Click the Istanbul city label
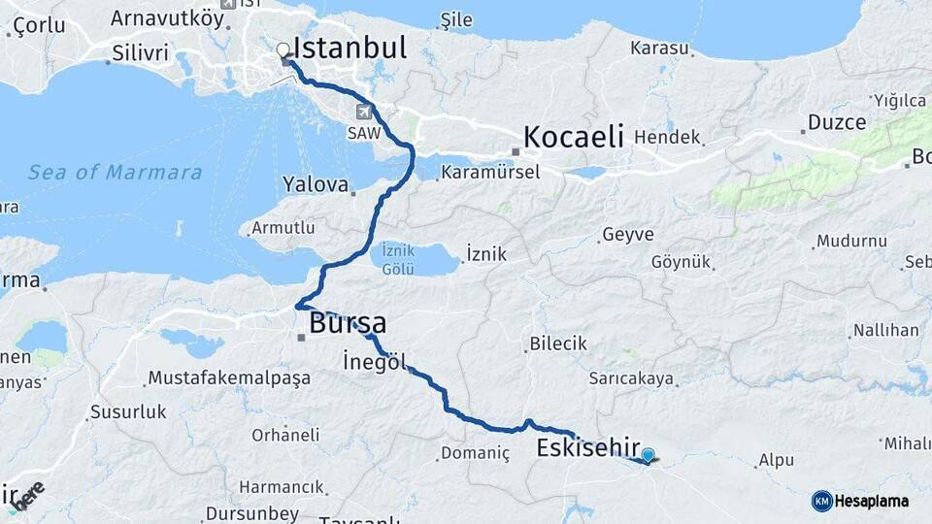pos(349,49)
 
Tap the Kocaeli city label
pos(573,137)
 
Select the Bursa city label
pos(348,323)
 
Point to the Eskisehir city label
pos(587,447)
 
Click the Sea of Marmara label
pos(115,173)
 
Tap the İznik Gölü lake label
pos(398,258)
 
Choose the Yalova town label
pos(316,183)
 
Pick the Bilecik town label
pos(558,344)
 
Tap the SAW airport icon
pos(363,112)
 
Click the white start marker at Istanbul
pos(283,49)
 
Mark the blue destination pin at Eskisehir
pos(648,453)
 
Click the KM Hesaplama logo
pos(860,501)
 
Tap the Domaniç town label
pos(475,453)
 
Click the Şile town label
pos(455,19)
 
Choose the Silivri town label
pos(141,52)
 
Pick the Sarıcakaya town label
pos(632,378)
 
